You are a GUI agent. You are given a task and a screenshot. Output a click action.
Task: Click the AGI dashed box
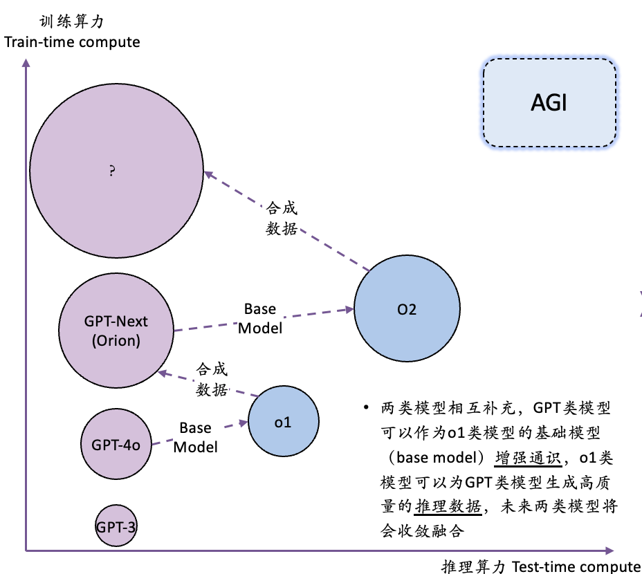point(549,103)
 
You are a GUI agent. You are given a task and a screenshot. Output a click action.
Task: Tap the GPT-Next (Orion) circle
point(116,331)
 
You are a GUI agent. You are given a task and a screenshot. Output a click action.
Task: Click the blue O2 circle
point(407,309)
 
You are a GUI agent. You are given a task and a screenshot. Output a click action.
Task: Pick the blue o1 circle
point(283,422)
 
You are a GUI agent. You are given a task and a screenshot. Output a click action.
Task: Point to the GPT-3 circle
point(116,526)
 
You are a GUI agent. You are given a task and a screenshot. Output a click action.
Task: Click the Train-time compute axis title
point(72,42)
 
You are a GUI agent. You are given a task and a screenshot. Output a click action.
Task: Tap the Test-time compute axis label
point(577,567)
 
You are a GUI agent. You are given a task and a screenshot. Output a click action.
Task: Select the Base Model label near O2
point(260,319)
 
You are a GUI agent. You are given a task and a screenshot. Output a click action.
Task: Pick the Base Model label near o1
point(195,438)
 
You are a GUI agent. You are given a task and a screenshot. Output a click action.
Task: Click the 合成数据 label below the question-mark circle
point(282,219)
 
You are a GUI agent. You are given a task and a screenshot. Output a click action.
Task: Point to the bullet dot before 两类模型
point(365,407)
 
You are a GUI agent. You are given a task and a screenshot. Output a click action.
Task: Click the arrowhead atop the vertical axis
point(26,63)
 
